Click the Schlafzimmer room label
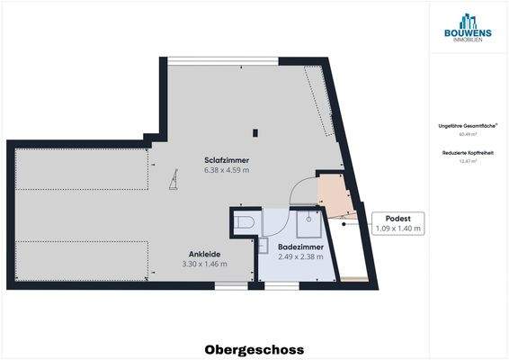[227, 160]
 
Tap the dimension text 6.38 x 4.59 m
[227, 169]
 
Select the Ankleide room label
[205, 255]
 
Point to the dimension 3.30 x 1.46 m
[205, 265]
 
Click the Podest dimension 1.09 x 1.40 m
[397, 229]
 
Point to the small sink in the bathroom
[263, 244]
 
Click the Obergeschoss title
[254, 349]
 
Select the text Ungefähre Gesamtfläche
[467, 125]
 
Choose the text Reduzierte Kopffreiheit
[468, 153]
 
